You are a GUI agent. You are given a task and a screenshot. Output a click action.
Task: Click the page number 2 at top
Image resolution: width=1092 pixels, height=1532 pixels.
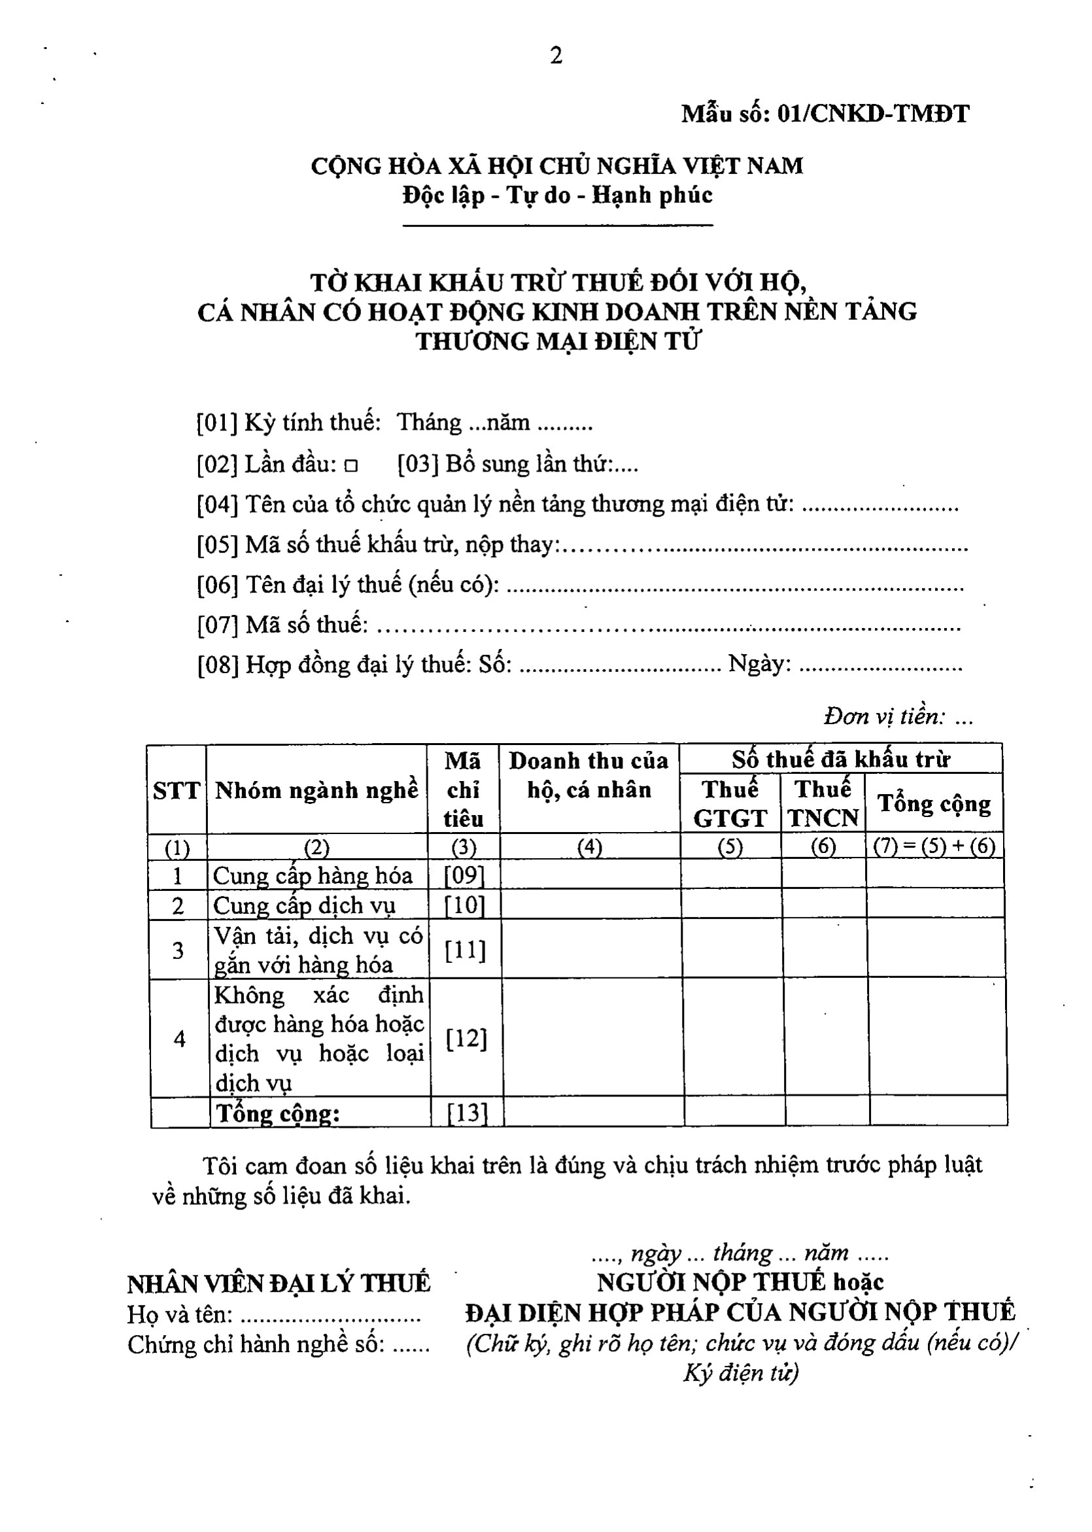click(556, 56)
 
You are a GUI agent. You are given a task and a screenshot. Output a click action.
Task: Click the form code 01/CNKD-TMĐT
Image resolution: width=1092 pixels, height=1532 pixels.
click(873, 114)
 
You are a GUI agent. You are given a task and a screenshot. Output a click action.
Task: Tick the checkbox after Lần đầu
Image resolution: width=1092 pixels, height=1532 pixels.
click(351, 465)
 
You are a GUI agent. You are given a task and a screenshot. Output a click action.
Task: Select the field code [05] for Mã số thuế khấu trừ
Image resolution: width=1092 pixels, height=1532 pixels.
click(217, 545)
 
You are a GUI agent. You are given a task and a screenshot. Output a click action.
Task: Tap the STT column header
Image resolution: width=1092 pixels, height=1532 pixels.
click(177, 791)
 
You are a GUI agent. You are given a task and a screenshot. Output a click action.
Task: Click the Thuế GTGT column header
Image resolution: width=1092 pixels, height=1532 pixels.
click(730, 804)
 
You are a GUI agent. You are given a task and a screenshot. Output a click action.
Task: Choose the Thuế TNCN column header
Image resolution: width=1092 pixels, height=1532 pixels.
click(823, 804)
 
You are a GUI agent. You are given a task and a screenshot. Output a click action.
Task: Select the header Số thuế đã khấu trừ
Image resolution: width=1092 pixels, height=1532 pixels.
click(840, 760)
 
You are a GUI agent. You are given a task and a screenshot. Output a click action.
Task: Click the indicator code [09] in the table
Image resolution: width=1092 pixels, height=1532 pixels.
click(464, 875)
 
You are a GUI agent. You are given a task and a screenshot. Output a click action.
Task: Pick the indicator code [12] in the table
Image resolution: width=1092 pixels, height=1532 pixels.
click(466, 1039)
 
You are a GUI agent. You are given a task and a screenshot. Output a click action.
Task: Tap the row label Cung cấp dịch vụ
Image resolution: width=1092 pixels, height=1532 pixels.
click(305, 906)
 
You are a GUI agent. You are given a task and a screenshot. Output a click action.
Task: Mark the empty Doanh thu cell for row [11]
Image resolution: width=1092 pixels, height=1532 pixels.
click(591, 950)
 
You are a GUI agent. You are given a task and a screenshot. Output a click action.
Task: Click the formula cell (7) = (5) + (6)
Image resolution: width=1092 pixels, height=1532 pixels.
click(934, 846)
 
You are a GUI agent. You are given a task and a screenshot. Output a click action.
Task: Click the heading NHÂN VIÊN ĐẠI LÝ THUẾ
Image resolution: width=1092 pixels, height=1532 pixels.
click(279, 1283)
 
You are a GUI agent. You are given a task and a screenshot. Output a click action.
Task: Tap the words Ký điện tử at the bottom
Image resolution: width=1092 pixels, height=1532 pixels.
click(741, 1372)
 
